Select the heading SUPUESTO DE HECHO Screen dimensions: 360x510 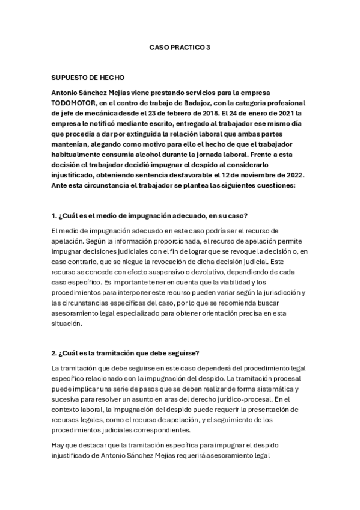89,78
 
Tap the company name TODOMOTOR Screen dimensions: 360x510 76,103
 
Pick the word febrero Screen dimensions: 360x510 175,112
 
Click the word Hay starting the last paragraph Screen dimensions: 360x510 59,446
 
